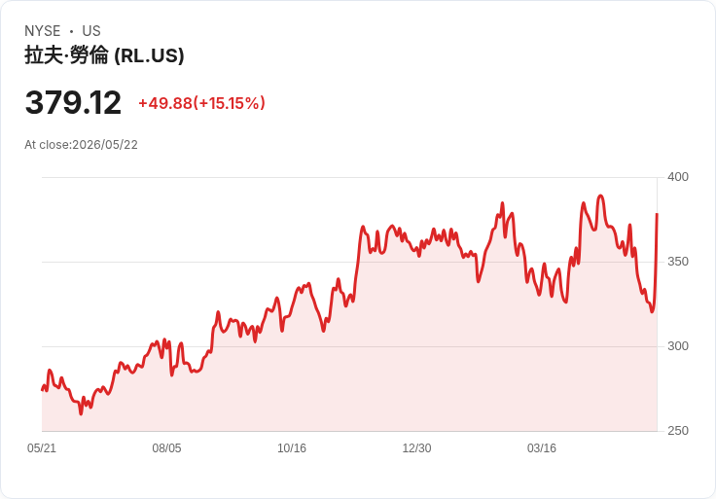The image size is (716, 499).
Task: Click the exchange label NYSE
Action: click(x=43, y=31)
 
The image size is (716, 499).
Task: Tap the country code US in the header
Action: click(x=91, y=31)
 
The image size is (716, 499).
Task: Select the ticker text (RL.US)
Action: click(x=149, y=55)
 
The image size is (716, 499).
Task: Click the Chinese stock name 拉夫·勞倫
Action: click(x=66, y=55)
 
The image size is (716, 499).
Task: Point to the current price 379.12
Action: click(x=73, y=102)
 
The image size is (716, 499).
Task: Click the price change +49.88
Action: click(x=165, y=103)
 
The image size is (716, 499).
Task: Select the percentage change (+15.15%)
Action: click(x=230, y=103)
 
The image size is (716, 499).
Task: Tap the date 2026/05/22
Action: click(x=105, y=145)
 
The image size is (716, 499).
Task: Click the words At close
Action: click(x=47, y=145)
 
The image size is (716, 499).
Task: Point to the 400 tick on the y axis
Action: click(x=678, y=177)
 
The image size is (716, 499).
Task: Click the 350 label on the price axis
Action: click(x=678, y=262)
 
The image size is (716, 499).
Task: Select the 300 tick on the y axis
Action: click(x=678, y=346)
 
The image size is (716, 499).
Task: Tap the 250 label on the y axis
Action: click(x=678, y=431)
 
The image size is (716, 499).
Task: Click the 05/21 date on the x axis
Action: click(x=42, y=448)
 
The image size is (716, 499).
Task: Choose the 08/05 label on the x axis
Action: click(x=166, y=448)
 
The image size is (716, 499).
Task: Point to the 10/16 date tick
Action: click(x=292, y=448)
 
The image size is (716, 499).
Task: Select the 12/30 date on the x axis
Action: click(x=417, y=448)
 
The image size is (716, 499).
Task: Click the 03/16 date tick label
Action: click(x=542, y=448)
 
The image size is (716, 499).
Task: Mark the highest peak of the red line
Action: click(x=600, y=196)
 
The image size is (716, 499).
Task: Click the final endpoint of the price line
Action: click(x=657, y=213)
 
